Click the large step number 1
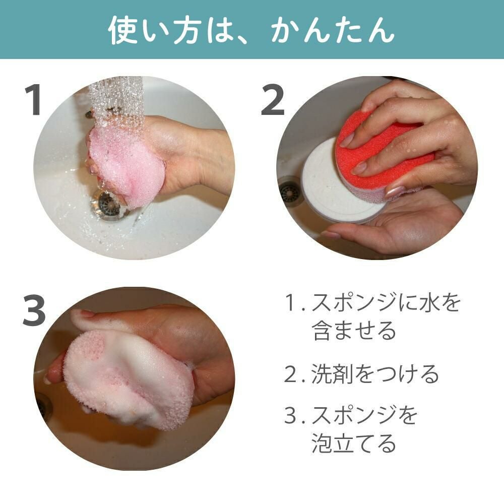click(33, 99)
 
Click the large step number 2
click(273, 99)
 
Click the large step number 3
click(34, 311)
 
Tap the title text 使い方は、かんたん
click(251, 30)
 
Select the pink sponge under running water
click(125, 162)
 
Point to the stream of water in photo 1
click(117, 103)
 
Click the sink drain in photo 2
click(289, 192)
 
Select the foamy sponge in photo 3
click(127, 380)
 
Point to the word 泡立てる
click(354, 443)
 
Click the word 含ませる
click(354, 330)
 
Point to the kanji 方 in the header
click(185, 30)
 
